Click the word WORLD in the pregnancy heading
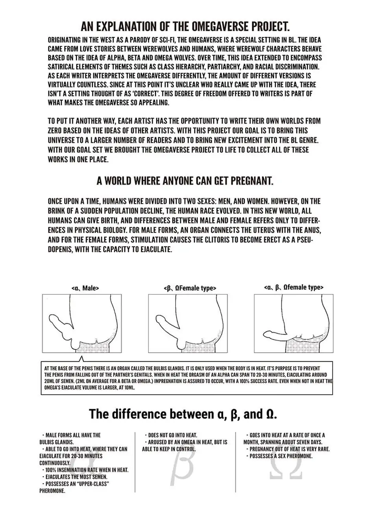click(x=118, y=181)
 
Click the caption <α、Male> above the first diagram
click(x=85, y=288)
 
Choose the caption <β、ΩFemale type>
click(x=190, y=288)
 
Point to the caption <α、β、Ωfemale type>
click(x=294, y=287)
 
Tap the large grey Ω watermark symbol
click(x=285, y=467)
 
